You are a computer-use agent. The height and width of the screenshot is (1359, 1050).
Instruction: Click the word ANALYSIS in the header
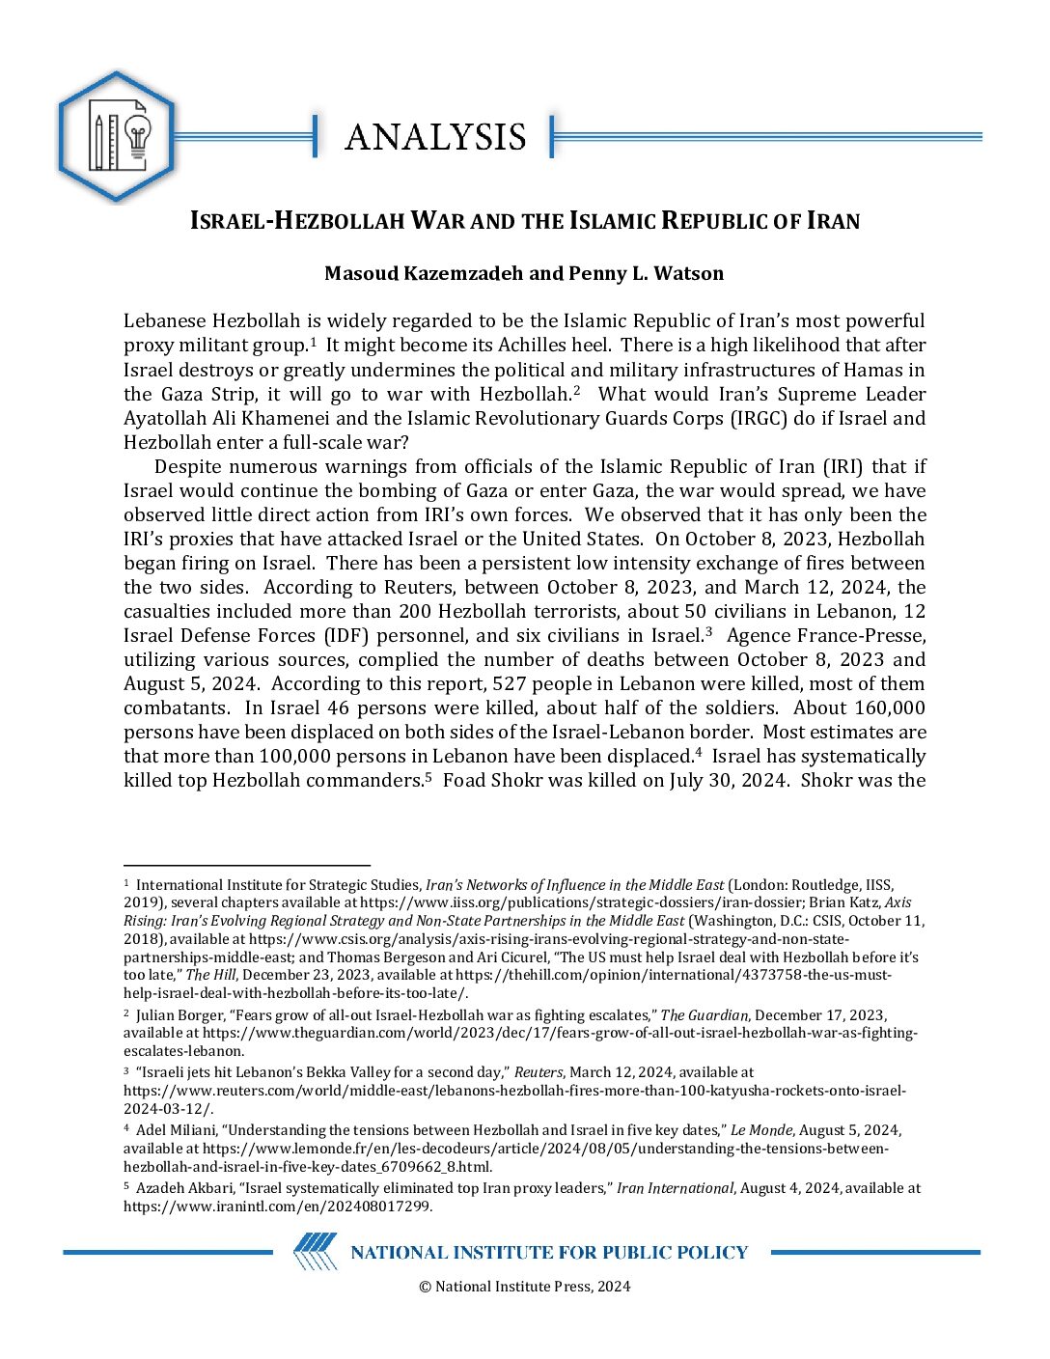click(435, 137)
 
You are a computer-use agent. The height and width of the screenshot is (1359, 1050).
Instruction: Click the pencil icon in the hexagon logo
click(98, 141)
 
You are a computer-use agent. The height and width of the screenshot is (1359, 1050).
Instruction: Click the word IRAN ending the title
click(833, 221)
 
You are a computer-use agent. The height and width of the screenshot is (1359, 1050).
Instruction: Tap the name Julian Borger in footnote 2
click(178, 1015)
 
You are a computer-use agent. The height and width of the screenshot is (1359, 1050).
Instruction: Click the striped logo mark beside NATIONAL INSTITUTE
click(316, 1252)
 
